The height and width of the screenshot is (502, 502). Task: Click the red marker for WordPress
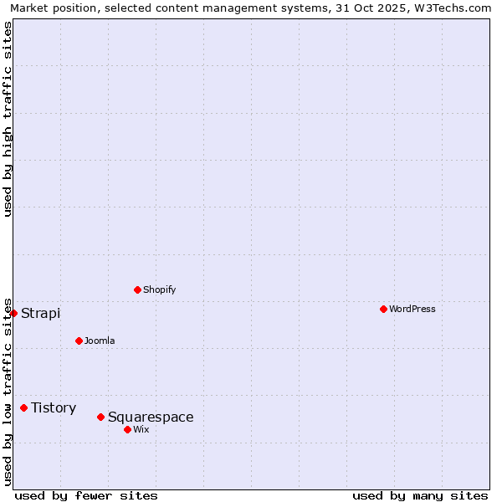pyautogui.click(x=383, y=309)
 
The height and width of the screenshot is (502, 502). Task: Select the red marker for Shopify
pyautogui.click(x=137, y=289)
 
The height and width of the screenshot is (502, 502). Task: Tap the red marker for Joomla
pyautogui.click(x=79, y=341)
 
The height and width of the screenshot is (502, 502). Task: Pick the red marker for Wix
pyautogui.click(x=127, y=429)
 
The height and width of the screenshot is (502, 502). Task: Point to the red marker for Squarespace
pyautogui.click(x=100, y=417)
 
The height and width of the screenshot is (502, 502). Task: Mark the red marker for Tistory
pyautogui.click(x=23, y=407)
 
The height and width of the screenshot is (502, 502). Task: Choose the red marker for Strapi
pyautogui.click(x=13, y=313)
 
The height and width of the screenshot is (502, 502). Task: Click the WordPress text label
pyautogui.click(x=412, y=309)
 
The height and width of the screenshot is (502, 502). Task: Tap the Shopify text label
pyautogui.click(x=159, y=289)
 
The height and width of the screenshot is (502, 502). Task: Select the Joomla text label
pyautogui.click(x=100, y=341)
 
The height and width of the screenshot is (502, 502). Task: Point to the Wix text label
pyautogui.click(x=141, y=429)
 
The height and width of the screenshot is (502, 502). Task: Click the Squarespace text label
pyautogui.click(x=151, y=417)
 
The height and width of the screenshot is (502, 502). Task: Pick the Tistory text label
pyautogui.click(x=54, y=407)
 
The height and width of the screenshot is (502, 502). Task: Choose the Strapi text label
pyautogui.click(x=40, y=313)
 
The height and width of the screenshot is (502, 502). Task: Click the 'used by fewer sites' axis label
pyautogui.click(x=86, y=495)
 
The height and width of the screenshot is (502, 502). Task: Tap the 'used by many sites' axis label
pyautogui.click(x=420, y=495)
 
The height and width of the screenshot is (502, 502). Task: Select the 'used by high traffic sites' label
pyautogui.click(x=8, y=119)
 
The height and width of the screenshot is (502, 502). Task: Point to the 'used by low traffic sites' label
pyautogui.click(x=8, y=391)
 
